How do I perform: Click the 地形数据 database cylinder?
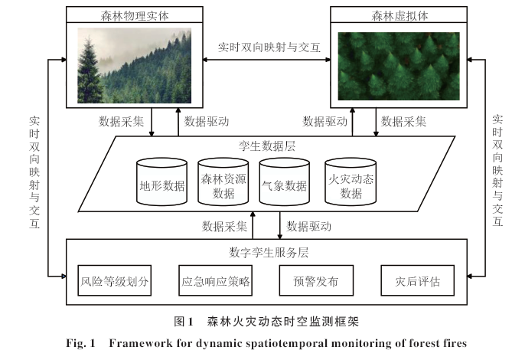162,182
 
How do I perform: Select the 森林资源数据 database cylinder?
223,182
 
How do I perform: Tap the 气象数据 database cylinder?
285,182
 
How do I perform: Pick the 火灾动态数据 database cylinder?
351,182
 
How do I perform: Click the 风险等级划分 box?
115,280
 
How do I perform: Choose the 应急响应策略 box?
216,280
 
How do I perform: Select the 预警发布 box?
316,280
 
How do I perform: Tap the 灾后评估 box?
418,280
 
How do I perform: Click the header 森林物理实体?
135,15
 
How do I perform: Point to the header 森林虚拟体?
399,15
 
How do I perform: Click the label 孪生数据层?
267,146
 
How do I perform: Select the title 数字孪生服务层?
269,252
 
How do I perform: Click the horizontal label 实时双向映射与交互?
269,47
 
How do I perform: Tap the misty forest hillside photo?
134,65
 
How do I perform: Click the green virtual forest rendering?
399,66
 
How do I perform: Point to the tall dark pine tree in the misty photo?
87,70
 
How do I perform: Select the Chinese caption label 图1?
184,322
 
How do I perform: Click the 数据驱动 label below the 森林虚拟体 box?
324,122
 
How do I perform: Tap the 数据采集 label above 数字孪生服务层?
224,226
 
